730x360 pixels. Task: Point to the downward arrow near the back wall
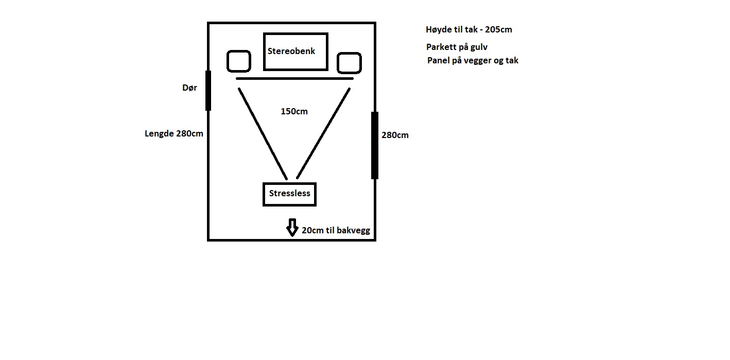point(292,228)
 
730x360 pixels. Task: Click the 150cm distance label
point(294,112)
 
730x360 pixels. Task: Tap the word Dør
point(189,88)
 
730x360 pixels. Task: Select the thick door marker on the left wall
point(208,91)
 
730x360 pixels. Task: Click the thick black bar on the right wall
point(375,145)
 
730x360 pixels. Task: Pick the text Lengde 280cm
point(174,134)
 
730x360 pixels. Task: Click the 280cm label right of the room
point(395,135)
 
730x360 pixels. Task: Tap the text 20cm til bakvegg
point(336,231)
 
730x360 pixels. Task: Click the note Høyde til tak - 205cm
point(469,30)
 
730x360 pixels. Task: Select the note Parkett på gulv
point(457,47)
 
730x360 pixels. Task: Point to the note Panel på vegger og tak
point(473,61)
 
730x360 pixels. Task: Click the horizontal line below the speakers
point(294,79)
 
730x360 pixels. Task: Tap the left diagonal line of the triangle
point(263,134)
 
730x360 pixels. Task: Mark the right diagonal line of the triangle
point(323,133)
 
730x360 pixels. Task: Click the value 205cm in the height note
point(499,30)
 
